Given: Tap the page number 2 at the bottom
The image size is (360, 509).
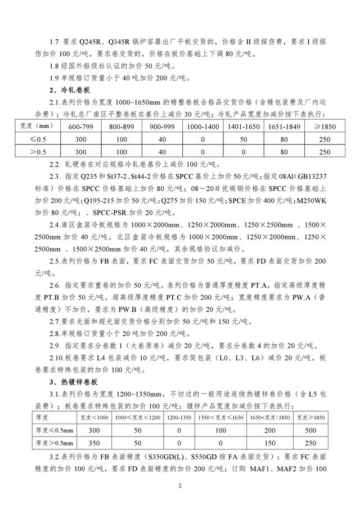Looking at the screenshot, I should coord(180,484).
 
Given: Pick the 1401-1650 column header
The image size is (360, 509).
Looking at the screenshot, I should coord(244,127).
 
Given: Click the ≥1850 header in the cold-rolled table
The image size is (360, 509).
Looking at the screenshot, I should coord(324,127).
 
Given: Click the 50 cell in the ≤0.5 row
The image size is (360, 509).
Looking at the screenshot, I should coord(244,139).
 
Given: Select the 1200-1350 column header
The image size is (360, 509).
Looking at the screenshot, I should coord(179,418).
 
